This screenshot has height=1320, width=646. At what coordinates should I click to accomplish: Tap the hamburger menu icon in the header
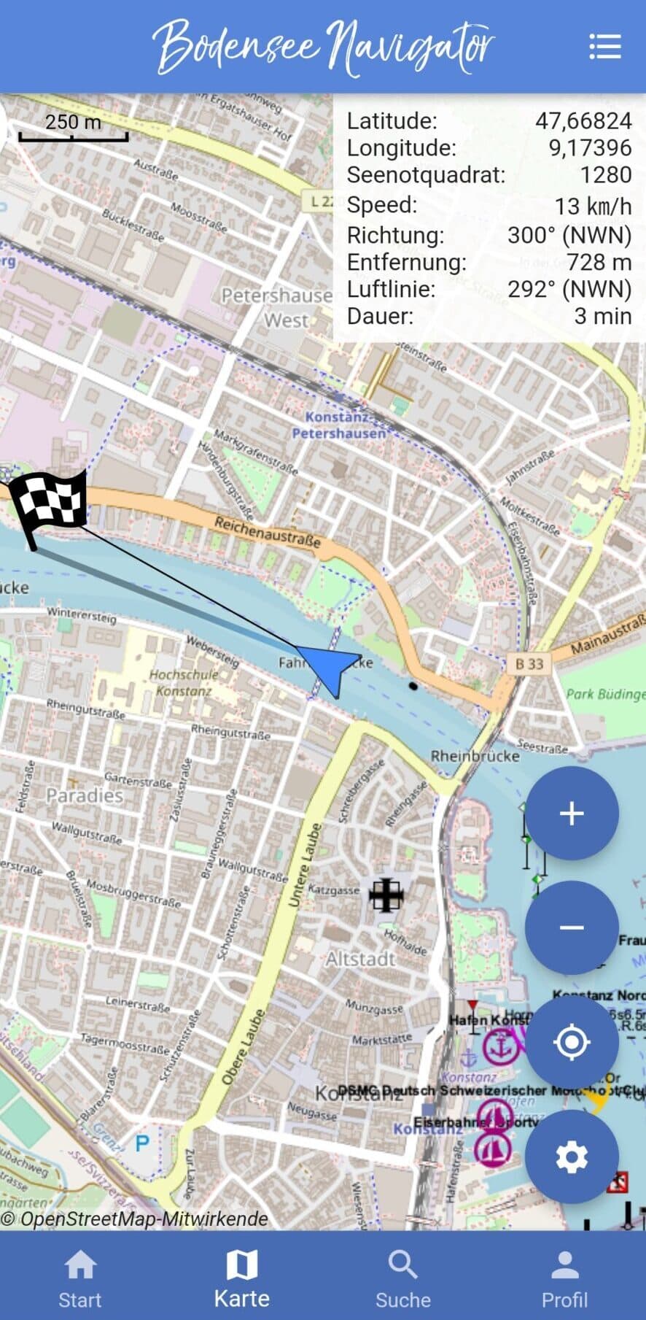(x=604, y=46)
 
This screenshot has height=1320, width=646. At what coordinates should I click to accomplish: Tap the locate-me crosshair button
(x=572, y=1041)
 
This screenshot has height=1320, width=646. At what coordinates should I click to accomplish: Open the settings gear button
(x=572, y=1157)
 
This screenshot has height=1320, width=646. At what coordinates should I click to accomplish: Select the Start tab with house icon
(x=80, y=1278)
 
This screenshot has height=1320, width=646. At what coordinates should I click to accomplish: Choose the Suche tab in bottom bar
(x=402, y=1278)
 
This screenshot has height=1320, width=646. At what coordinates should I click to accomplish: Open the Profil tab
(x=564, y=1278)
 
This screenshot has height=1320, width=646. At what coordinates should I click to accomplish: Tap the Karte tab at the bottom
(x=241, y=1278)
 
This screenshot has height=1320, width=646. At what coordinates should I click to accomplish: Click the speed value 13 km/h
(x=593, y=206)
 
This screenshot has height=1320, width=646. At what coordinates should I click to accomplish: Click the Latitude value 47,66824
(x=583, y=120)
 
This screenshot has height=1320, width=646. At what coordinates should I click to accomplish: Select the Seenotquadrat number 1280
(x=605, y=174)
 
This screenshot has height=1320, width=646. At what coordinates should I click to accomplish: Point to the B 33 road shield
(x=529, y=663)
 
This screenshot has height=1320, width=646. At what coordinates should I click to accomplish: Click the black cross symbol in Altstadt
(x=386, y=895)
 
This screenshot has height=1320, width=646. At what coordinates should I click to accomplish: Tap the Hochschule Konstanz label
(x=179, y=682)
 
